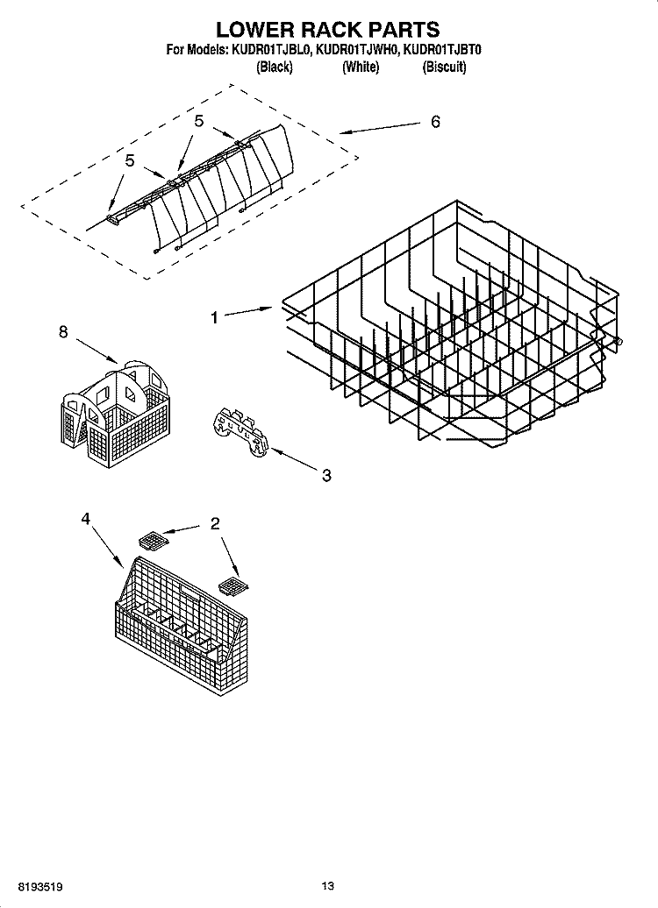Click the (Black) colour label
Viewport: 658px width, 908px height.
pos(274,67)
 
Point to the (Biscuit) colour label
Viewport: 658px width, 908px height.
pos(444,67)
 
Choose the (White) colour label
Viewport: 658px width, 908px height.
pos(360,67)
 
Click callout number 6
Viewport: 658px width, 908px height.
pos(435,122)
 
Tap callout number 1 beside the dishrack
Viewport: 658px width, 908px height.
pos(215,319)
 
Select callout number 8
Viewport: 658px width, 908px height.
pos(62,332)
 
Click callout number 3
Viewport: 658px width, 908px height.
pos(325,476)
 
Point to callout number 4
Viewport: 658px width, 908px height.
pos(85,519)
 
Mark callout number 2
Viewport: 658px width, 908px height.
pos(214,524)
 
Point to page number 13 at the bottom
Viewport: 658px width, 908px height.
pos(328,887)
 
